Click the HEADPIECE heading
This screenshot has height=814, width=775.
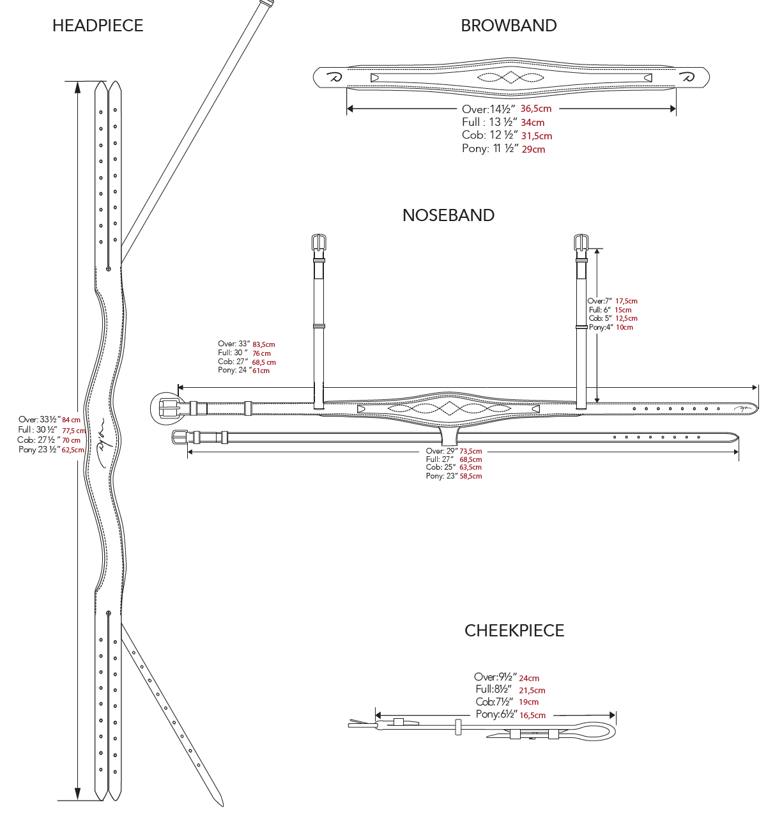98,26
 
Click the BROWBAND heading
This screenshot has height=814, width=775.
509,26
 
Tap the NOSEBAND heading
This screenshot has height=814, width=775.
449,215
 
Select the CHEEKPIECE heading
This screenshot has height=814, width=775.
514,631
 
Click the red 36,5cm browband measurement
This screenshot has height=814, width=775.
536,109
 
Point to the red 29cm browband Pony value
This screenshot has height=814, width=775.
533,150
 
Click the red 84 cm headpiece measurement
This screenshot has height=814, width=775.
72,420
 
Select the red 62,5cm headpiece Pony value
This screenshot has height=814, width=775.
73,450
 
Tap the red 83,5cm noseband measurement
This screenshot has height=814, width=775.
264,344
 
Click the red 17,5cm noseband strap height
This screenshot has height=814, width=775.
626,301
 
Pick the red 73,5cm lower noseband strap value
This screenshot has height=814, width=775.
471,451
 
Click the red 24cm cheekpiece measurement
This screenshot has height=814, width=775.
529,679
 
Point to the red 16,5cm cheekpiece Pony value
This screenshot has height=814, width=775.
532,716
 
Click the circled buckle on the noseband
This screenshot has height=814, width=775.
167,408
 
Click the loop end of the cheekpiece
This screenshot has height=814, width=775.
597,731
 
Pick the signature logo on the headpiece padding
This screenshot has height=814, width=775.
102,438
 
